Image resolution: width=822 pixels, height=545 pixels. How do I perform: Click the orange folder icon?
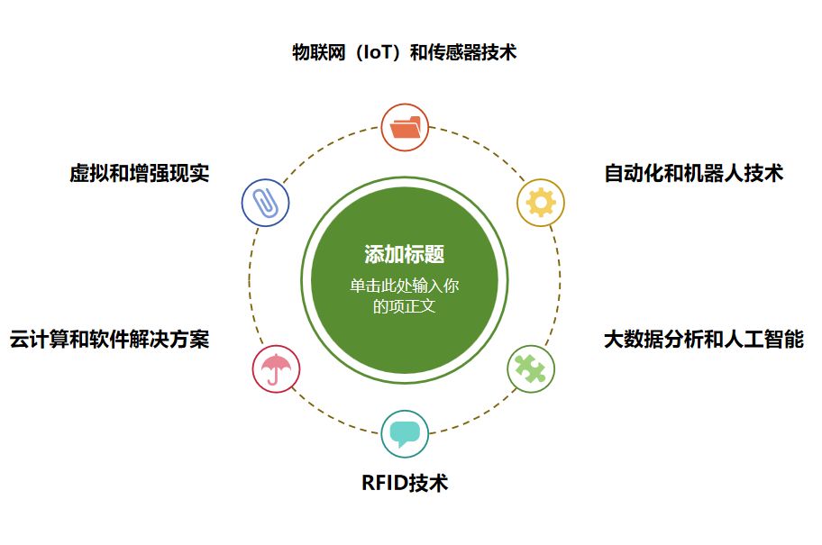coord(405,126)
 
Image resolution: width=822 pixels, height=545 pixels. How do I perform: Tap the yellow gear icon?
coord(540,203)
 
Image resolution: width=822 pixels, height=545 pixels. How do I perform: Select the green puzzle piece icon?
coord(531,368)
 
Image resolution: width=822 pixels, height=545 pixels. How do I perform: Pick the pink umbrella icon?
coord(276,368)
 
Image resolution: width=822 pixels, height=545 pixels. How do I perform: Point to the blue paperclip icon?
coord(265,203)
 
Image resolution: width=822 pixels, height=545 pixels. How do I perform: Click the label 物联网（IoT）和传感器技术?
coord(404,52)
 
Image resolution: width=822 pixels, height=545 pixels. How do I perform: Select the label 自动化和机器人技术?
coord(693,174)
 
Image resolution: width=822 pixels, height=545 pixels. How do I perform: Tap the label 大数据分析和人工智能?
coord(703,340)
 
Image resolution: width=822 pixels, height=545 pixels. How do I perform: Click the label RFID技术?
coord(405,483)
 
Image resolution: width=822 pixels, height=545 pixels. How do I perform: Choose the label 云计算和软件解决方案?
coord(109,340)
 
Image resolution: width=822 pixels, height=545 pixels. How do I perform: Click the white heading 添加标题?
coord(405,254)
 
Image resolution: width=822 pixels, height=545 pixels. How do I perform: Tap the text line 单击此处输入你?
coord(405,286)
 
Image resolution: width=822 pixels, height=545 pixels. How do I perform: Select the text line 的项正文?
coord(405,306)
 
